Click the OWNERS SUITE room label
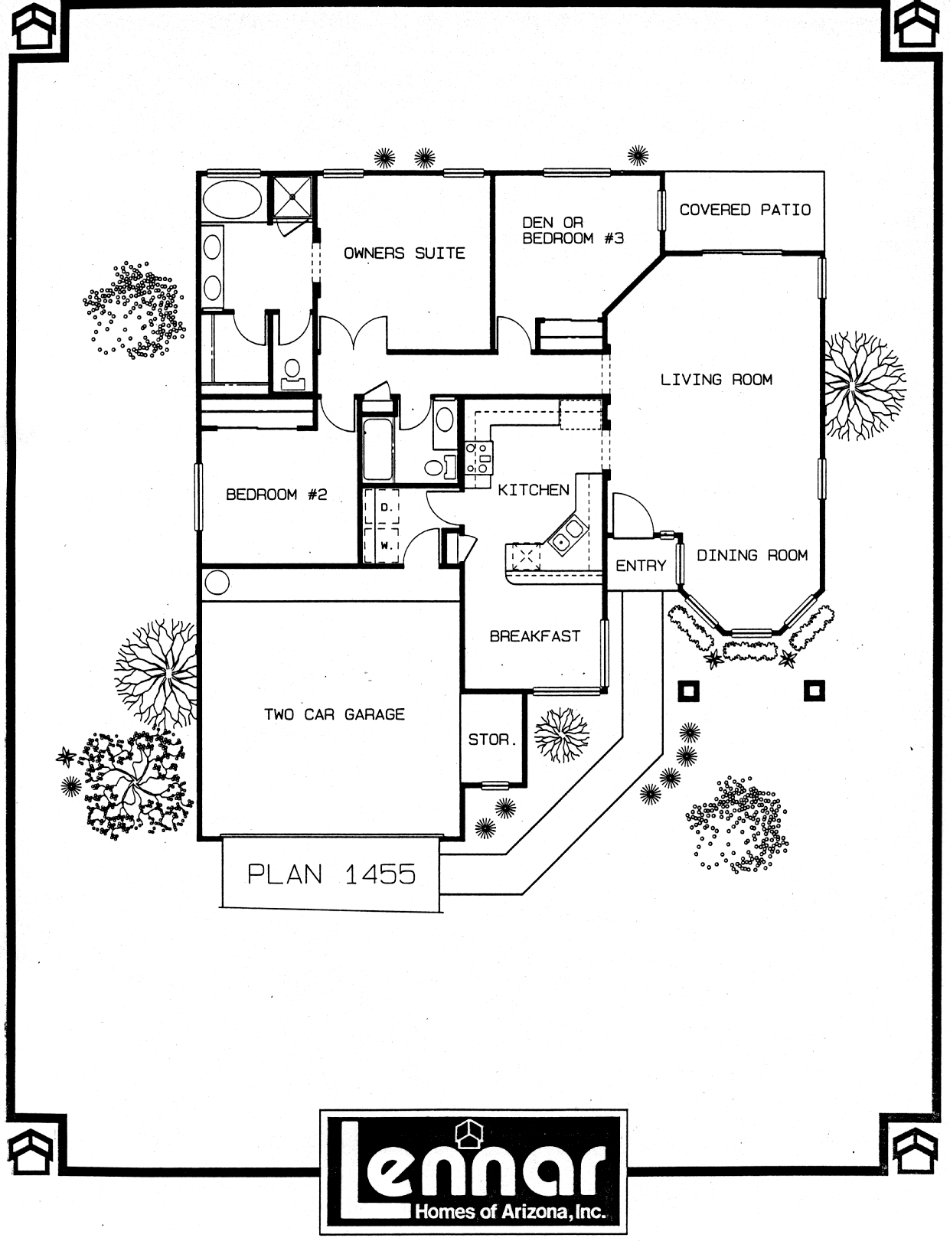coord(404,253)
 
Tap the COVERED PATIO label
coord(745,210)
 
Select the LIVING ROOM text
coord(717,379)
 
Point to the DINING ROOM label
coord(752,555)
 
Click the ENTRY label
coord(641,566)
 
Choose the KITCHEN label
coord(534,489)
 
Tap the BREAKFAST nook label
coord(535,635)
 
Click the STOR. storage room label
coord(492,740)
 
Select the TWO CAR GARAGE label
coord(334,714)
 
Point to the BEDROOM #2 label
coord(276,494)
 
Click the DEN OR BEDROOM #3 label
coord(573,230)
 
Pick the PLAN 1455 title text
coord(331,874)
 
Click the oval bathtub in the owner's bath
coord(232,199)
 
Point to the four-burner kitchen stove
coord(478,458)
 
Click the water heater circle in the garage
coord(217,583)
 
